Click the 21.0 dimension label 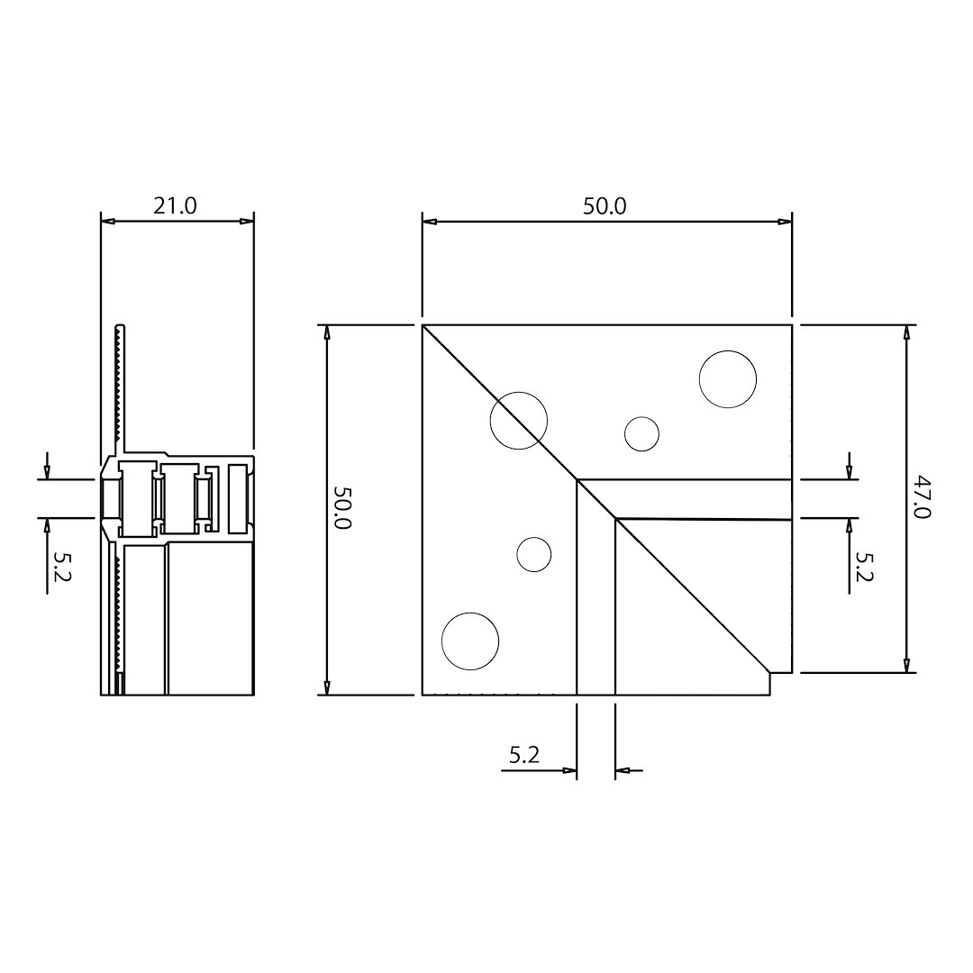click(175, 205)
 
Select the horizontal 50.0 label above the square click(605, 206)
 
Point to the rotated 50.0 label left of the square click(343, 507)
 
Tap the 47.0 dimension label click(923, 497)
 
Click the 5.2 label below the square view click(524, 755)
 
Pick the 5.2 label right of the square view click(864, 567)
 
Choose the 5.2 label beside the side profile click(62, 566)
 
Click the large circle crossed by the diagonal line click(519, 421)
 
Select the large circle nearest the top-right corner click(728, 379)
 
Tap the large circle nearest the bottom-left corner click(470, 641)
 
